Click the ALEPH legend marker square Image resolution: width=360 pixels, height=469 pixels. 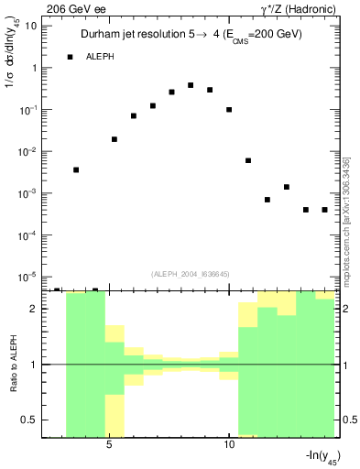point(70,57)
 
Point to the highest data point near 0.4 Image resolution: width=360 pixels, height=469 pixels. point(191,85)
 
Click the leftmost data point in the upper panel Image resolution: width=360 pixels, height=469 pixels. point(76,169)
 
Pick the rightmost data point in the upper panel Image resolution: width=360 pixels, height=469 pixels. point(324,210)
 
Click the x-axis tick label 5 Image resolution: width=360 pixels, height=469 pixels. point(109,446)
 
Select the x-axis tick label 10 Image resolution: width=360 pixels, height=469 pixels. point(228,446)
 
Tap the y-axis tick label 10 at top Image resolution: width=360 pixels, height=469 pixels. point(30,26)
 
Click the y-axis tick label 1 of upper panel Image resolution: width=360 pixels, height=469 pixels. point(34,68)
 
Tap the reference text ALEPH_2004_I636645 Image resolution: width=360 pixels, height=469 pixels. point(191,273)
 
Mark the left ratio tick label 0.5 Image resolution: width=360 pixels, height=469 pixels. point(32,420)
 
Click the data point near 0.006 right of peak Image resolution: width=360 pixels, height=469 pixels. point(248,160)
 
